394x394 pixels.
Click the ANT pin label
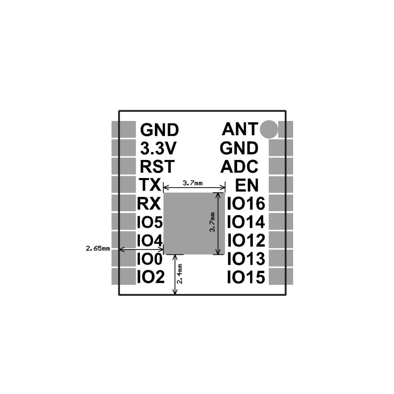point(240,128)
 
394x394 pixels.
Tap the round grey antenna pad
point(270,129)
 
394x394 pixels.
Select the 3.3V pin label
point(159,148)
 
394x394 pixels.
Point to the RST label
point(156,166)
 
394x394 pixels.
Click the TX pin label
point(150,184)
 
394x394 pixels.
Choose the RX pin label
point(149,204)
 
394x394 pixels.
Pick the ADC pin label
point(240,166)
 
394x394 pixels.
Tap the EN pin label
point(247,184)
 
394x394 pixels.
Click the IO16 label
point(246,204)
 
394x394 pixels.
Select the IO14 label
point(246,222)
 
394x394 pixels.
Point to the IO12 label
point(246,240)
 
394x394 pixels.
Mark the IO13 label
point(246,259)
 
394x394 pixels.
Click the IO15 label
point(246,278)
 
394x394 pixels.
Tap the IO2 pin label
point(150,278)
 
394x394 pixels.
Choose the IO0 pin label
point(149,259)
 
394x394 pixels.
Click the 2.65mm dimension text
point(98,249)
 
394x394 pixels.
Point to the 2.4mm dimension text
point(180,275)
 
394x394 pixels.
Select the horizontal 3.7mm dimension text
point(193,183)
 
